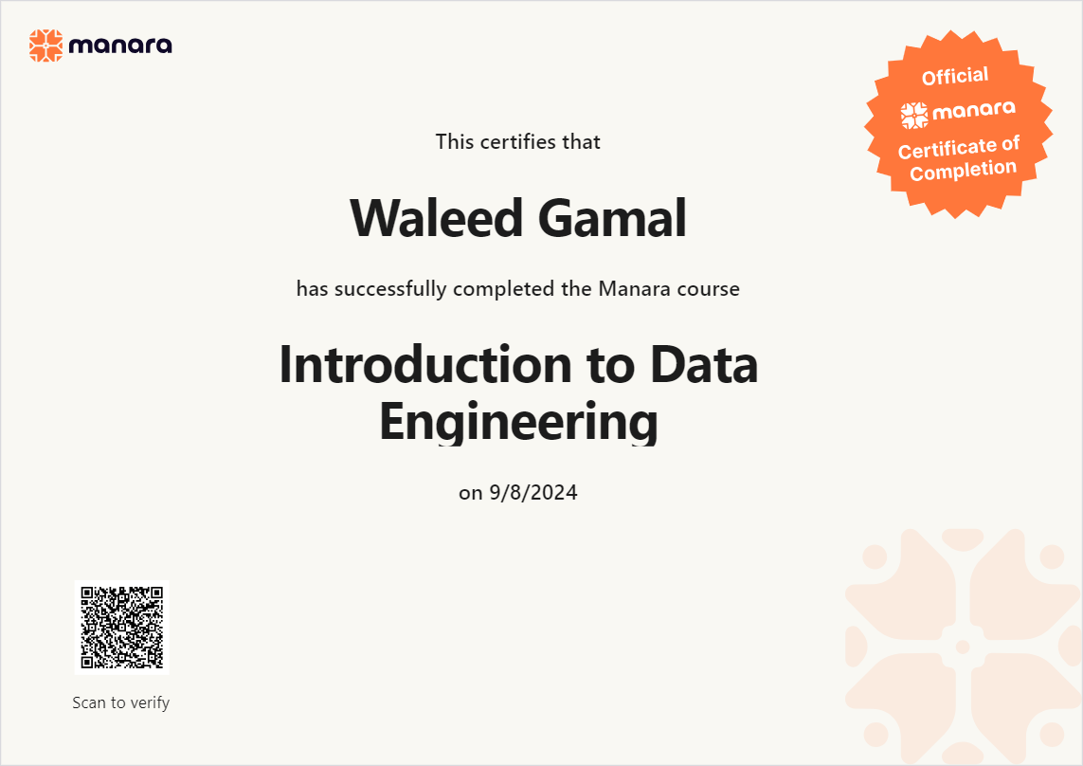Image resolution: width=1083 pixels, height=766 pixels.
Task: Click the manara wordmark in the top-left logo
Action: click(120, 46)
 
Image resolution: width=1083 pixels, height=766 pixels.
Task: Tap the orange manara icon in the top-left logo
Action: click(45, 46)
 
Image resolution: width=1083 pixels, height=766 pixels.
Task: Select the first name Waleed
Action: click(437, 218)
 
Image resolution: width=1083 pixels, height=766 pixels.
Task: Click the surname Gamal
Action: click(612, 218)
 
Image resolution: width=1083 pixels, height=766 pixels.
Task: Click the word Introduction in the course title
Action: click(425, 364)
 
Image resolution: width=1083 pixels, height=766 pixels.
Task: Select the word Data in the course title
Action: click(704, 364)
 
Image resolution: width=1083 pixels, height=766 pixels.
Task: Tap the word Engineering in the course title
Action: click(518, 422)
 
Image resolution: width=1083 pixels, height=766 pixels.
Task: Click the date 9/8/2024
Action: click(533, 492)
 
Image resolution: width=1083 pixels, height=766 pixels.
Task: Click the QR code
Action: click(121, 627)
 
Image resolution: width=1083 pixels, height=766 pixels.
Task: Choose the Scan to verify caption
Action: click(121, 702)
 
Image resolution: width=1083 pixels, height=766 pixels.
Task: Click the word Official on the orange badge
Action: click(955, 76)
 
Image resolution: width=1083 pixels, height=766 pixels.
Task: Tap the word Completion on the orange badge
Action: click(963, 170)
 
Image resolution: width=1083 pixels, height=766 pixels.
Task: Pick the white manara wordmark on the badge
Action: click(974, 110)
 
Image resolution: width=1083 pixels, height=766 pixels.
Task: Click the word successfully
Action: click(390, 289)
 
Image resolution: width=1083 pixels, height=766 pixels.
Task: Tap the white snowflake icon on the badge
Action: click(913, 116)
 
